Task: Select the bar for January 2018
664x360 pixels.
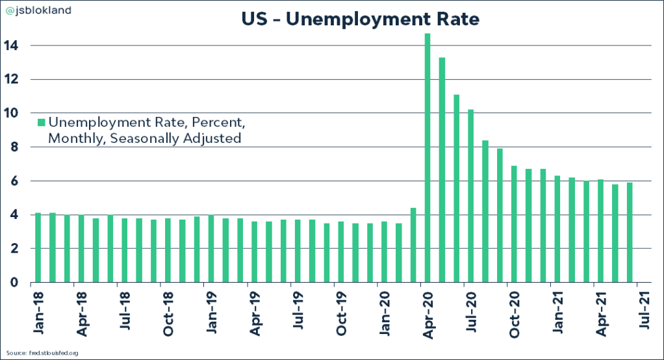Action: point(38,248)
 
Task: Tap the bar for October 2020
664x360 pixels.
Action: point(514,224)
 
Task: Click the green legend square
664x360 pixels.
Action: point(41,123)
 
